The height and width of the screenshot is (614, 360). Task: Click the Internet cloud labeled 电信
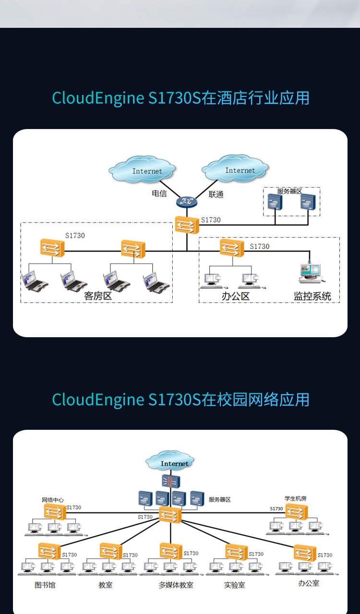[142, 169]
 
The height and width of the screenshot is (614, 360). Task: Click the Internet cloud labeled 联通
[235, 168]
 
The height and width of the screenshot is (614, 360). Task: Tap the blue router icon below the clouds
[187, 201]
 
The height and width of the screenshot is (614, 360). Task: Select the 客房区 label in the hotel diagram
[98, 296]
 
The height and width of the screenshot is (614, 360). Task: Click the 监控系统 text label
[312, 296]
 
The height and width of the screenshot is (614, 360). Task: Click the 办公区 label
[235, 296]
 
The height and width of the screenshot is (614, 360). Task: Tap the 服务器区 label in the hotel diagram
[289, 191]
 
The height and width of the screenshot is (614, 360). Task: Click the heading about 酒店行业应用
[180, 98]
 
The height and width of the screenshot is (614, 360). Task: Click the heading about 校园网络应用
[180, 400]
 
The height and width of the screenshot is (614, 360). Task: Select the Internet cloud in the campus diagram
[170, 461]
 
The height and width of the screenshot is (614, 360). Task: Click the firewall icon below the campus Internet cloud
[171, 481]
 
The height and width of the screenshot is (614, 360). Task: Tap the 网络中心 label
[53, 500]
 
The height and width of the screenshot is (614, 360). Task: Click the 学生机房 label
[296, 498]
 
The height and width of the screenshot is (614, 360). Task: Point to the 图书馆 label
[45, 585]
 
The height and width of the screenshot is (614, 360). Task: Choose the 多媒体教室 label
[176, 585]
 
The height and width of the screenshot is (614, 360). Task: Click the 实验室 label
[235, 585]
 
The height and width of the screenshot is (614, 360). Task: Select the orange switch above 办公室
[305, 553]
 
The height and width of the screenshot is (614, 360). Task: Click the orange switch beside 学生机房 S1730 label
[296, 512]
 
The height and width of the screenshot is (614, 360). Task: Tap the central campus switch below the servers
[170, 515]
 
